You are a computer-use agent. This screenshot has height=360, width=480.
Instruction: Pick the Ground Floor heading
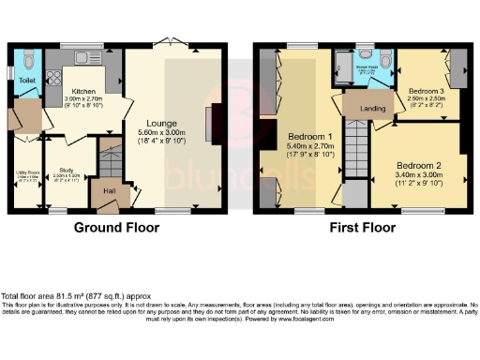click(x=116, y=227)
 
